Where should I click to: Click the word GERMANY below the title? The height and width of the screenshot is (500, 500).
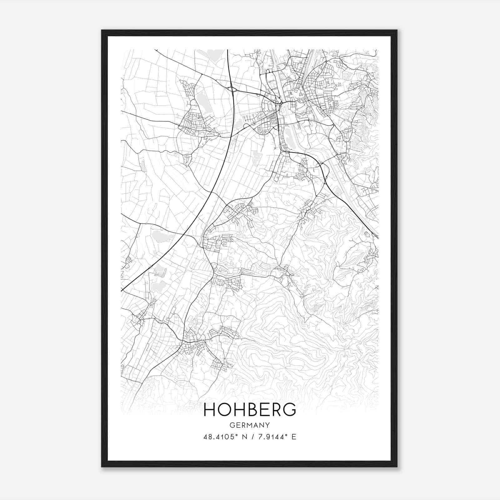250,425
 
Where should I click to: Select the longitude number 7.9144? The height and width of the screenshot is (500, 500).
271,437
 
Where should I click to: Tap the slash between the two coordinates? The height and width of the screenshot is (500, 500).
252,437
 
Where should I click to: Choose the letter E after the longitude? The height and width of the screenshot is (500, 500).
294,437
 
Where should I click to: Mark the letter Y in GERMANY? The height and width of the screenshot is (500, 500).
268,425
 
